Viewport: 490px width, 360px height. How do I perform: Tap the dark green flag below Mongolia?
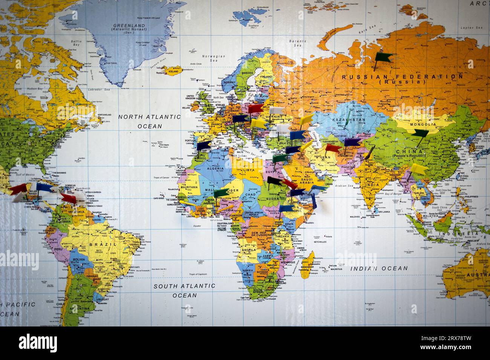click(419, 133)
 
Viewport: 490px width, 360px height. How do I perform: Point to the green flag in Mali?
click(220, 192)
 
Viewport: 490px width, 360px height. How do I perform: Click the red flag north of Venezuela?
click(68, 197)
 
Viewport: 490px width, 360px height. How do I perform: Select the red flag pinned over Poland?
click(255, 109)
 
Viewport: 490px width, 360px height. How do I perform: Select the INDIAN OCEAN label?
click(379, 268)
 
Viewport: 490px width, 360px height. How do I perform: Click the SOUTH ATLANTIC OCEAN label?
click(184, 290)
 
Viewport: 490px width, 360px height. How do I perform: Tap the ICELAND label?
click(173, 71)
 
